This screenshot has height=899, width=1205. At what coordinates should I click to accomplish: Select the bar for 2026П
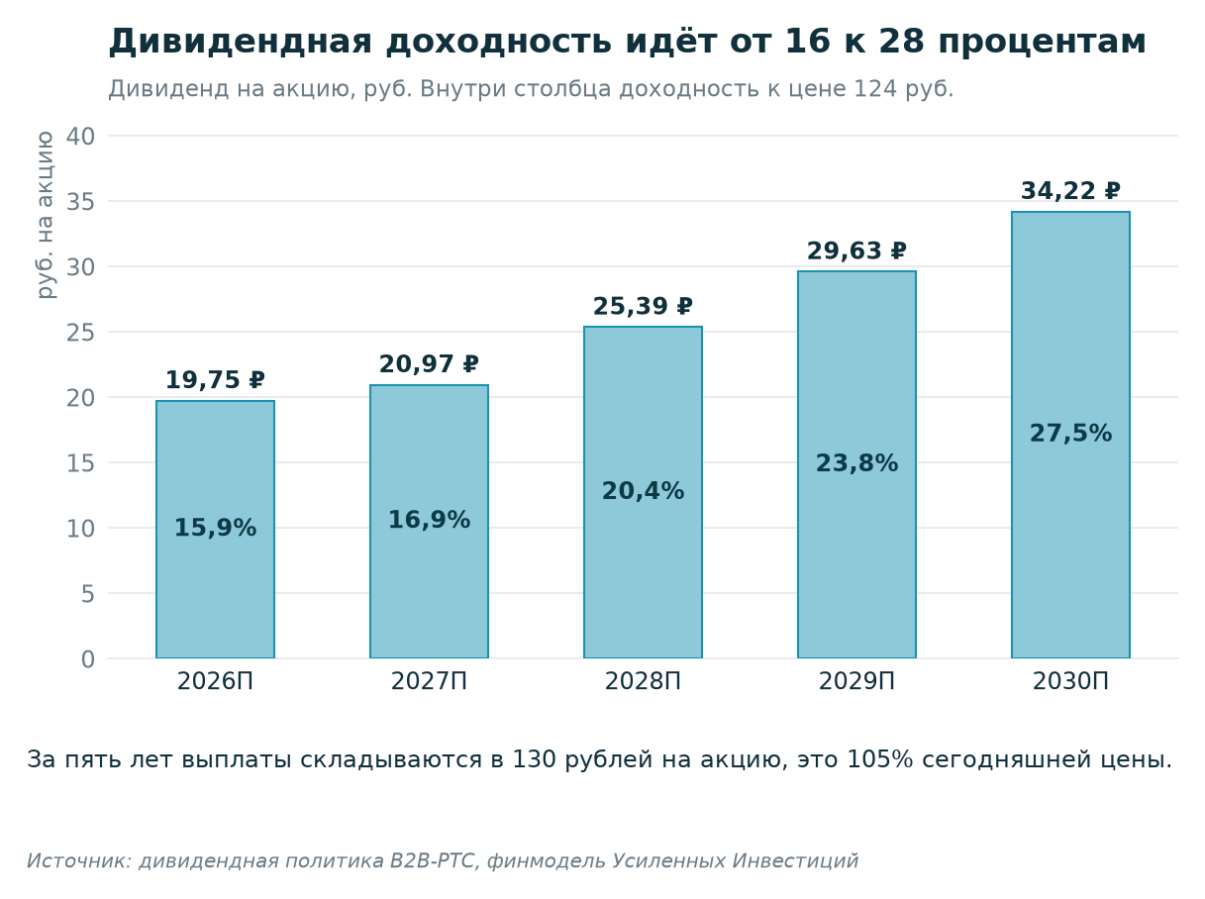tap(215, 529)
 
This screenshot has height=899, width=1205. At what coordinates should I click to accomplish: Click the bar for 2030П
tap(1070, 435)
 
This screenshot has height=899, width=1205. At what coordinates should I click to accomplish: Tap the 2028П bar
tap(643, 492)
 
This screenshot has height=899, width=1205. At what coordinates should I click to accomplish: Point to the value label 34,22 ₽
tap(1070, 191)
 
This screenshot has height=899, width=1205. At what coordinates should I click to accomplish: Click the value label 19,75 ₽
tap(215, 380)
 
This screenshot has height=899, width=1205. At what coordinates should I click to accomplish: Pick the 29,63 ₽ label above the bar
tap(856, 250)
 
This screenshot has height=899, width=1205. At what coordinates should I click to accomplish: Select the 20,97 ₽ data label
tap(429, 364)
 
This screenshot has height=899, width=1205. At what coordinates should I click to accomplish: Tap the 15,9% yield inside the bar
tap(215, 528)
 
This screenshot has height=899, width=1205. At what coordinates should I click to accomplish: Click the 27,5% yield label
tap(1070, 433)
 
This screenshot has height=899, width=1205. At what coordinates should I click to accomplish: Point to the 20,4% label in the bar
tap(643, 491)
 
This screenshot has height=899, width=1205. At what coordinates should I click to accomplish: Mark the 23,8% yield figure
tap(856, 462)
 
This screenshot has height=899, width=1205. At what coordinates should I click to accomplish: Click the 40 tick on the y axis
tap(81, 136)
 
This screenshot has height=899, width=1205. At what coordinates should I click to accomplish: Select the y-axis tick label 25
tap(81, 333)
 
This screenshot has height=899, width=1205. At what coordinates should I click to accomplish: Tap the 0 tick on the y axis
tap(88, 659)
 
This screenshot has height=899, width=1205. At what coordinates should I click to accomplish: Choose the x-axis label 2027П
tap(429, 681)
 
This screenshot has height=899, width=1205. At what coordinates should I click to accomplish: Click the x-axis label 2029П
tap(856, 681)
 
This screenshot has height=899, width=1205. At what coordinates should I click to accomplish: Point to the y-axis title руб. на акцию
tap(45, 215)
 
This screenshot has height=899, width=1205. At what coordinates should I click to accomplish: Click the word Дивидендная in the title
tap(241, 42)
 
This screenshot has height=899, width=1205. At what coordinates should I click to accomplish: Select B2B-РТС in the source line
tap(432, 860)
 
